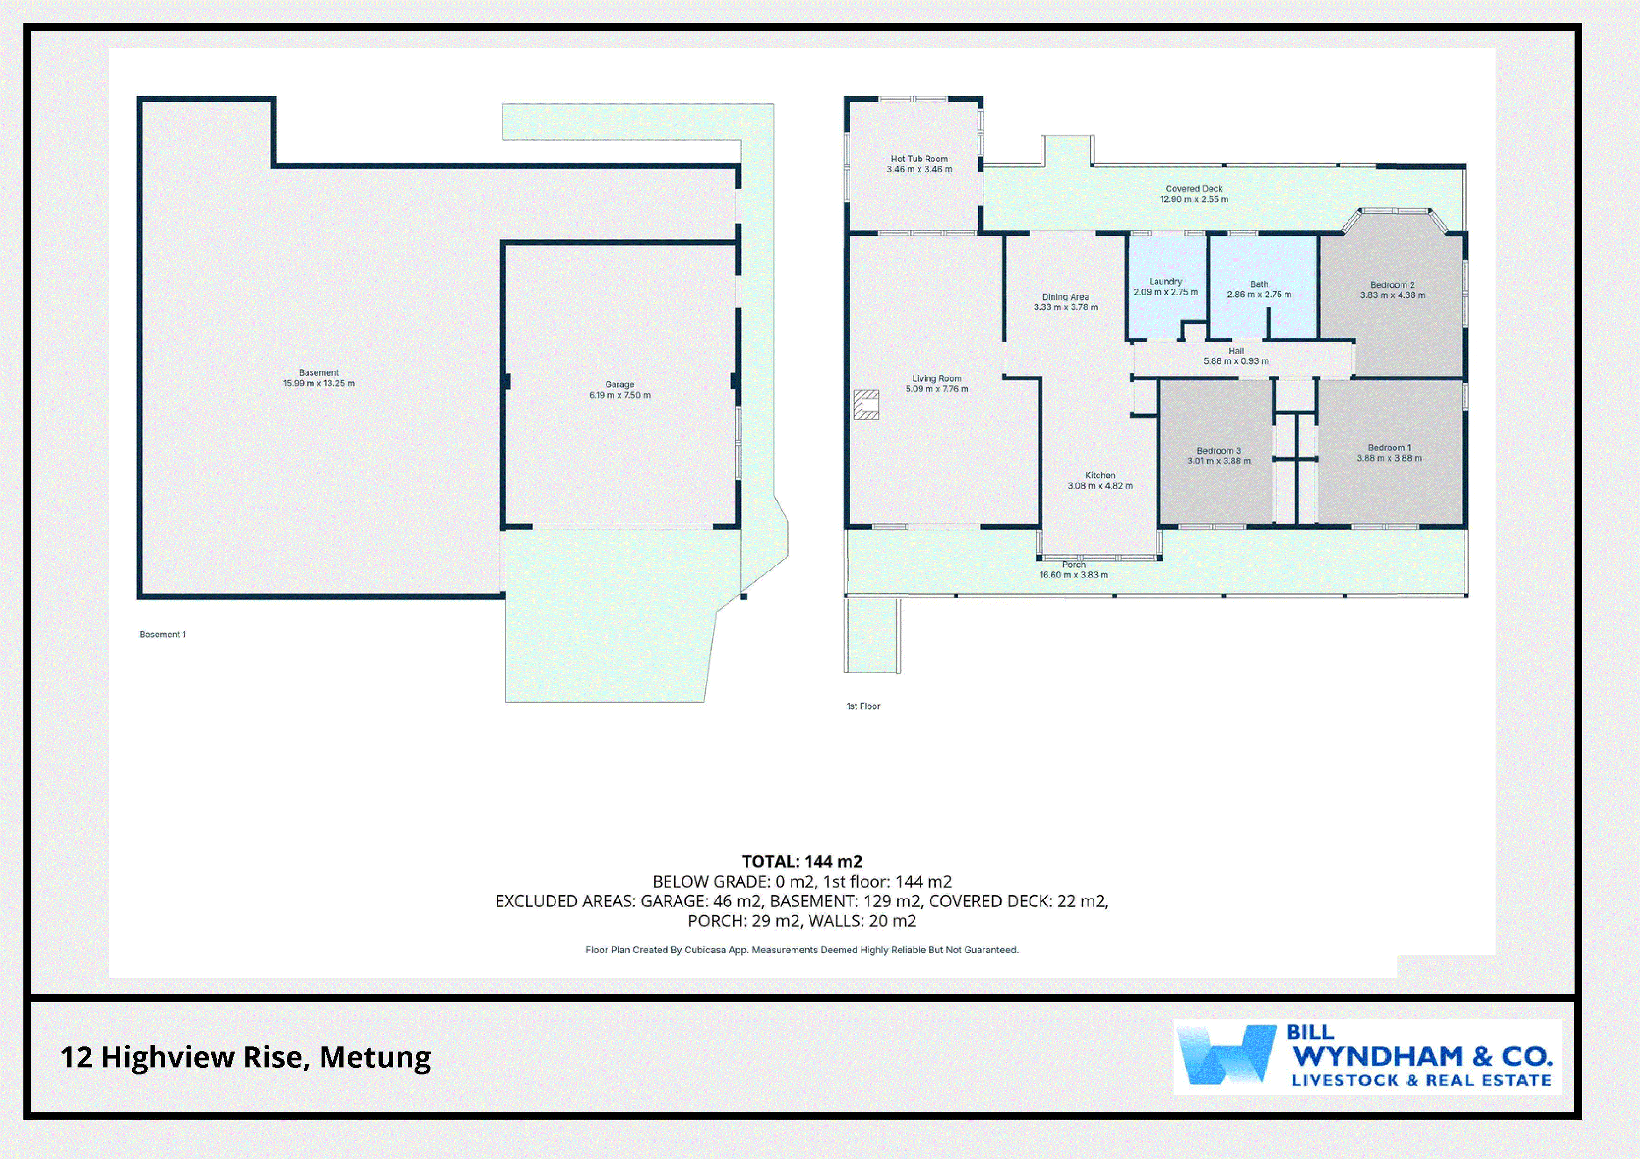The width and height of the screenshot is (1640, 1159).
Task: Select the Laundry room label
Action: [x=1166, y=281]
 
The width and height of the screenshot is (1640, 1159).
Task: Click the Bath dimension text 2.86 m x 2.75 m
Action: [x=1259, y=294]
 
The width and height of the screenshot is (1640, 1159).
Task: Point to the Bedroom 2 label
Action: [x=1392, y=284]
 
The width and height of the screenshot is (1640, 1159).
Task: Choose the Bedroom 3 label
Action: [x=1218, y=451]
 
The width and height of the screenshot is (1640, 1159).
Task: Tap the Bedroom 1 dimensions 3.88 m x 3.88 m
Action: [x=1389, y=458]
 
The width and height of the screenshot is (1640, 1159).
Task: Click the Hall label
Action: [x=1237, y=351]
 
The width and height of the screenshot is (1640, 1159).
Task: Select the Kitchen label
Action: [x=1100, y=475]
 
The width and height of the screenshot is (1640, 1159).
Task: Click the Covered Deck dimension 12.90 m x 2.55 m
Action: [x=1194, y=199]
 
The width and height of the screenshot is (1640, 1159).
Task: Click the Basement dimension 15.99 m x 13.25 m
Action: [x=319, y=384]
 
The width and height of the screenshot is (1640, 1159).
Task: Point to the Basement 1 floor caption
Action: [x=163, y=634]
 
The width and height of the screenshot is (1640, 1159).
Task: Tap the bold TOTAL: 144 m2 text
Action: [x=802, y=862]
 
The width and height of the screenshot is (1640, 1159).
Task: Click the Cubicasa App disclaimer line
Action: [x=802, y=950]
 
